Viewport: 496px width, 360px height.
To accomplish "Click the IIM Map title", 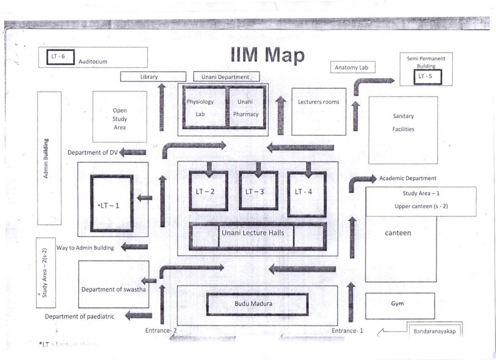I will tap(267, 55).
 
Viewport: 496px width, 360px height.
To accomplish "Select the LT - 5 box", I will tap(427, 77).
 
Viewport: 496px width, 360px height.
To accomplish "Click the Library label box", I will tap(153, 77).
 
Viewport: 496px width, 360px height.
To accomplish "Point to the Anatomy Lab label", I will tap(352, 68).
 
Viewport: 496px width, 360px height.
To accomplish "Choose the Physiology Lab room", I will tap(204, 108).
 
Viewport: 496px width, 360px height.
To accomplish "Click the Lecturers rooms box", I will tap(318, 111).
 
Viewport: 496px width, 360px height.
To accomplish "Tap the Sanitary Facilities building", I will tap(403, 129).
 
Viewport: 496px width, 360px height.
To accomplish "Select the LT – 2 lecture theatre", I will tap(208, 191).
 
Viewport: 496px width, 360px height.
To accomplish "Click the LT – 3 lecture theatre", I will tap(258, 191).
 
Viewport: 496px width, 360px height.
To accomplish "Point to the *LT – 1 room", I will tap(111, 203).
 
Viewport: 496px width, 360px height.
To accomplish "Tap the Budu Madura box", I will tap(257, 304).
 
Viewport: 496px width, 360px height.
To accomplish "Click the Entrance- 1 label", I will tap(347, 331).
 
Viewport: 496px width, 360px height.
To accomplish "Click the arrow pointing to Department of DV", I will tap(133, 152).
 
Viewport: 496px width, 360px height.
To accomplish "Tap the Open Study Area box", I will tap(120, 117).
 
